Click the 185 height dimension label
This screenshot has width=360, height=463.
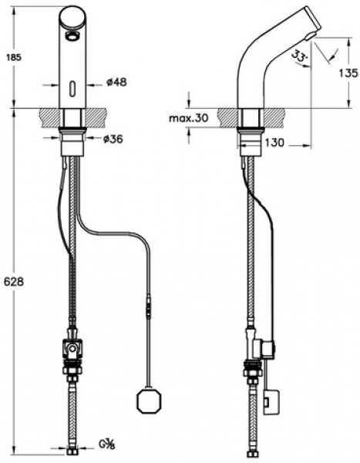point(14,57)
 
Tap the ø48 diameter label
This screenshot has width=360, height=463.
point(116,82)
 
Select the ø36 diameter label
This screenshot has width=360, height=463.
point(113,139)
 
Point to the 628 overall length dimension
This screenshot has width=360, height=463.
point(14,282)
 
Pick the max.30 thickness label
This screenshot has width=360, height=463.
point(189,118)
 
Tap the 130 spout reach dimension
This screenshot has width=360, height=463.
point(274,143)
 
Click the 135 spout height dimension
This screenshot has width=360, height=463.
point(348,73)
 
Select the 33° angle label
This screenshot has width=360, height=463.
point(299,56)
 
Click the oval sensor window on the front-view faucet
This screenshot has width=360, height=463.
point(72,88)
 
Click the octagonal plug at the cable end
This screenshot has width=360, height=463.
point(149,400)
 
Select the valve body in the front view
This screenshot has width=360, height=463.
point(72,350)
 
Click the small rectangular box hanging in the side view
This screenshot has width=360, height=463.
point(271,402)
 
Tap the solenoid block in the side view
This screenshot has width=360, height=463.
point(267,350)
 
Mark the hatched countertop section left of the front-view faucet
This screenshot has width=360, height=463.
point(49,118)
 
